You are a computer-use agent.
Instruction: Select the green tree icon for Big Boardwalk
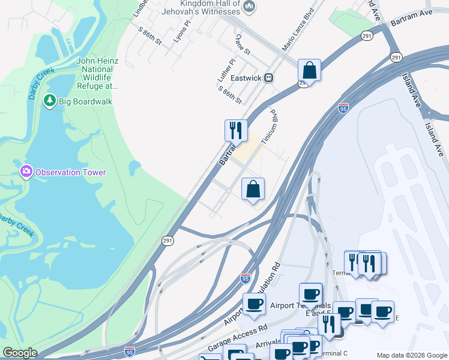[x=50, y=101]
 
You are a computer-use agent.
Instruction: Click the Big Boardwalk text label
[x=85, y=101]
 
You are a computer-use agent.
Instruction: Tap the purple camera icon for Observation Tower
[x=26, y=172]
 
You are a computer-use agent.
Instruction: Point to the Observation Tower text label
[x=70, y=172]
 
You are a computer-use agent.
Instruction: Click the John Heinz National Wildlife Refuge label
[x=99, y=73]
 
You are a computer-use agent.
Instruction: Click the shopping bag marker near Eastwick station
[x=309, y=70]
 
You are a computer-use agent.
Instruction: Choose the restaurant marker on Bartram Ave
[x=236, y=130]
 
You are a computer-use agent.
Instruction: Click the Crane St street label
[x=243, y=44]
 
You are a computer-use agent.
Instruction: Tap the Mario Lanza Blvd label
[x=298, y=29]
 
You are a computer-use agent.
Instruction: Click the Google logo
[x=20, y=353]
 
